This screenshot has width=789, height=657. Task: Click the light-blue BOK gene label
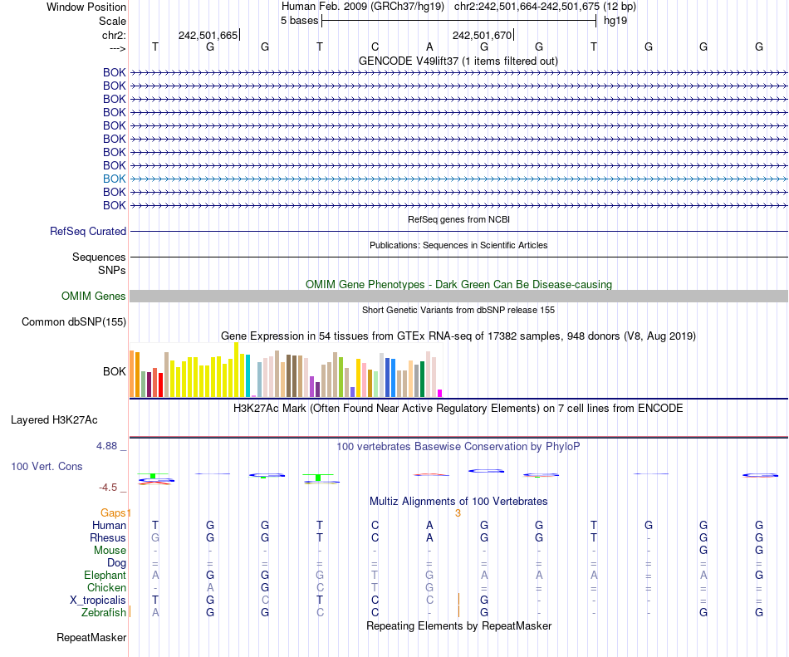click(114, 179)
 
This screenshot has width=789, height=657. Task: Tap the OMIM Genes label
click(94, 297)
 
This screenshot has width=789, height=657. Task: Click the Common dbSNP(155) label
click(74, 322)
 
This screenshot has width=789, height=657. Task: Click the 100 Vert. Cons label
click(47, 467)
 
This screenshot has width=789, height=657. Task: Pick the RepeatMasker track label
click(91, 638)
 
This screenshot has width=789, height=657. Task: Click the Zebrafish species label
click(105, 612)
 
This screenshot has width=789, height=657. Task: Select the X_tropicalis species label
click(98, 600)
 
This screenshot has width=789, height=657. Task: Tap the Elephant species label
click(105, 575)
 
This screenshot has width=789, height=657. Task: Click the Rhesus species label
click(108, 537)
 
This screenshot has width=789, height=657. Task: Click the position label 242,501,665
click(208, 35)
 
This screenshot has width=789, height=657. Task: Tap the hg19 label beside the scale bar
click(615, 20)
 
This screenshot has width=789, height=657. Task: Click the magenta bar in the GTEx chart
click(440, 393)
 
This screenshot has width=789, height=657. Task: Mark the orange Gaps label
click(115, 512)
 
